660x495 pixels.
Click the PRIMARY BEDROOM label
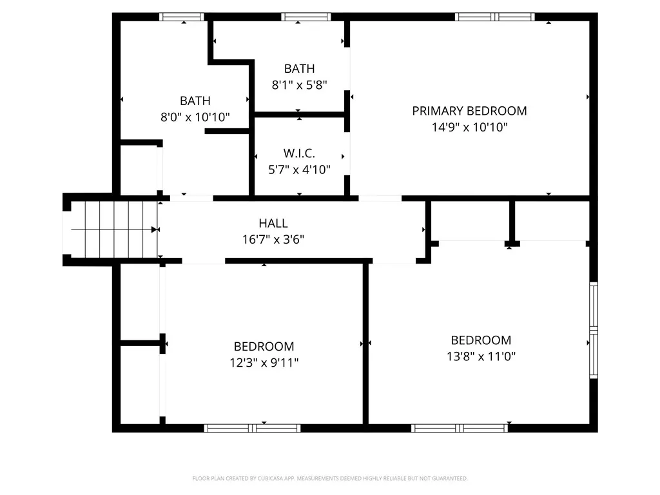[x=469, y=111]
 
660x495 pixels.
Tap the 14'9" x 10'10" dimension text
[x=470, y=127]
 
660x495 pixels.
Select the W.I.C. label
[x=299, y=153]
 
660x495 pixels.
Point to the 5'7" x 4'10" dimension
[x=299, y=170]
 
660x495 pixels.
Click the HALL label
[x=273, y=223]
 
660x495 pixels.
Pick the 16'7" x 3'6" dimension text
[x=273, y=240]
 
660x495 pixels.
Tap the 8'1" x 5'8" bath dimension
[x=299, y=85]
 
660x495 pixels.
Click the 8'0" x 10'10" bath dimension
[x=195, y=117]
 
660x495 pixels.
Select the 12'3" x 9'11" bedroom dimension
[x=264, y=362]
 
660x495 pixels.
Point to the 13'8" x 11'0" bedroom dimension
[x=481, y=356]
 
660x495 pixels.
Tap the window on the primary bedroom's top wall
[x=494, y=17]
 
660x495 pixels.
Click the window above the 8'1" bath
[x=306, y=17]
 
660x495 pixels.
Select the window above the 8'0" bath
[x=181, y=17]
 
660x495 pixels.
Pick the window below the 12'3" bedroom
[x=253, y=429]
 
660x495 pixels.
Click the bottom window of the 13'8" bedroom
[x=459, y=429]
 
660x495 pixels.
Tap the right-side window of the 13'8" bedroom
[x=594, y=331]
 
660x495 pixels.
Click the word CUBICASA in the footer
[x=270, y=479]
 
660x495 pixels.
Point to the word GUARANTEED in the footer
[x=451, y=479]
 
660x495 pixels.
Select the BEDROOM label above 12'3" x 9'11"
[x=264, y=346]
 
